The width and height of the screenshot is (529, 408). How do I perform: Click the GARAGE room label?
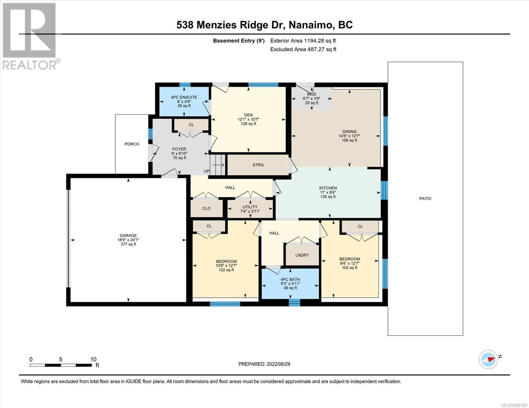[128, 235]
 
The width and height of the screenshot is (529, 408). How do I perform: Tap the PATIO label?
[425, 199]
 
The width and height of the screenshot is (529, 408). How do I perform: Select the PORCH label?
[132, 144]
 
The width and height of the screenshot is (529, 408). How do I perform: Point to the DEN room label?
[248, 115]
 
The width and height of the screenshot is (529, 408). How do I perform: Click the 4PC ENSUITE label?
[184, 97]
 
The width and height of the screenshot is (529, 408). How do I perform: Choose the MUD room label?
[311, 94]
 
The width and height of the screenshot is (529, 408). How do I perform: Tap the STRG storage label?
[258, 165]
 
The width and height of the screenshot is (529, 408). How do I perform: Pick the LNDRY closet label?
[302, 255]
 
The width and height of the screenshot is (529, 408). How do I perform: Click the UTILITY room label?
[250, 207]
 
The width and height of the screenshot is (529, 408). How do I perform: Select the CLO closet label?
[206, 208]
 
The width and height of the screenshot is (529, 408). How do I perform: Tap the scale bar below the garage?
[61, 365]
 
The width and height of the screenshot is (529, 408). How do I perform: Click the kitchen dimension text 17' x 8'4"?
[328, 192]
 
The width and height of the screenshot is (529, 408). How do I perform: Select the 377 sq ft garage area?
[128, 244]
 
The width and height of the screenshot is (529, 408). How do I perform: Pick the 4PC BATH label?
[290, 279]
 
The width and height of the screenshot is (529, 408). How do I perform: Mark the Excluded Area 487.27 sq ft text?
[303, 49]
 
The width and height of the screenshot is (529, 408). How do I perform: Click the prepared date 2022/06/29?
[279, 364]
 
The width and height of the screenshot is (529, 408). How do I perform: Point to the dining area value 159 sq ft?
[349, 140]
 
